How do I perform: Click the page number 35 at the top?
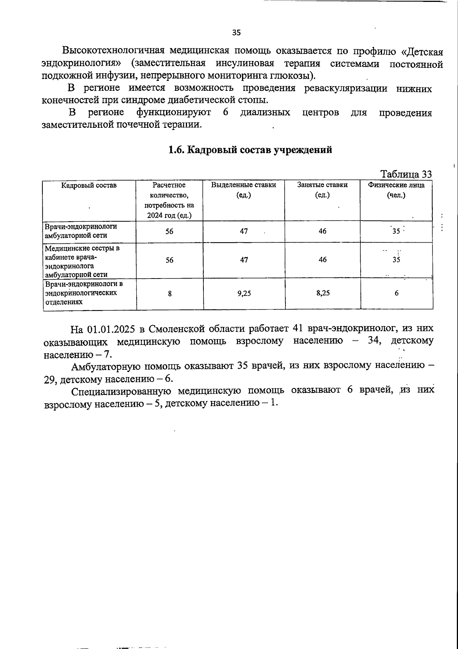(236, 33)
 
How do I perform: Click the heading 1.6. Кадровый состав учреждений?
(250, 150)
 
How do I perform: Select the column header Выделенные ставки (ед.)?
(244, 190)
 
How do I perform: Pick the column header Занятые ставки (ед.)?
(323, 190)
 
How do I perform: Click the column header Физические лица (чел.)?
(396, 190)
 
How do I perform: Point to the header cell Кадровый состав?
(89, 185)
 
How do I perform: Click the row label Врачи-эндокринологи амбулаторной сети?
(81, 231)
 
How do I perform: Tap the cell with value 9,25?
(244, 293)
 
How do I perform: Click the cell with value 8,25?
(323, 293)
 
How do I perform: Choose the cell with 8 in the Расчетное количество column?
(169, 293)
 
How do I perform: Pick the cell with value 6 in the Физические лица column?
(397, 293)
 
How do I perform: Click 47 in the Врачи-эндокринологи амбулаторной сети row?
(244, 231)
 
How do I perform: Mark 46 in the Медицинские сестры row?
(323, 259)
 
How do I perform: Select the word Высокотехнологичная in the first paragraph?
(113, 51)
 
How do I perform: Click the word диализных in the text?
(265, 113)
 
